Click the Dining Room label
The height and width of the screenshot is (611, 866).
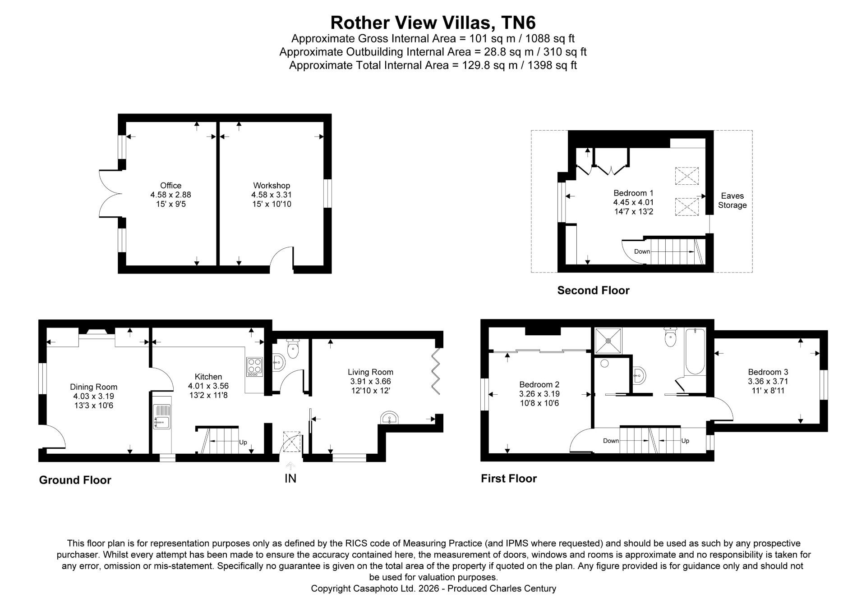93,387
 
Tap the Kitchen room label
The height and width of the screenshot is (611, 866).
208,377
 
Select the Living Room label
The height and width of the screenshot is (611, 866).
370,372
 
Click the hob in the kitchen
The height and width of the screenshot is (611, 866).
254,367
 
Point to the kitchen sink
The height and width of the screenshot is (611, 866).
161,416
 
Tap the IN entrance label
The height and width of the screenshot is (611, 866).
290,478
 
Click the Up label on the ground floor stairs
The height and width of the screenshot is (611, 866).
243,442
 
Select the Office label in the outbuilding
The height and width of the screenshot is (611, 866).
170,185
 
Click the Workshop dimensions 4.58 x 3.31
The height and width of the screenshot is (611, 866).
272,195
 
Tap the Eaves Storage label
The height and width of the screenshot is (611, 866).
732,201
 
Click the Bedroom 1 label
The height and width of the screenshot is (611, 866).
633,193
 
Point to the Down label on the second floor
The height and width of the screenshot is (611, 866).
642,251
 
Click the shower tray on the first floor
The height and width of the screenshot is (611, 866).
608,341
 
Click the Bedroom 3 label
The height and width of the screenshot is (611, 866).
768,372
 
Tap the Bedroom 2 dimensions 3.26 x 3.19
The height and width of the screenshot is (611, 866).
539,393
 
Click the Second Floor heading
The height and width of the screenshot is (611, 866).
593,290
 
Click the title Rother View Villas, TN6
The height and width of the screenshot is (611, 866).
433,22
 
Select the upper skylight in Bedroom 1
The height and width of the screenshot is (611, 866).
686,176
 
